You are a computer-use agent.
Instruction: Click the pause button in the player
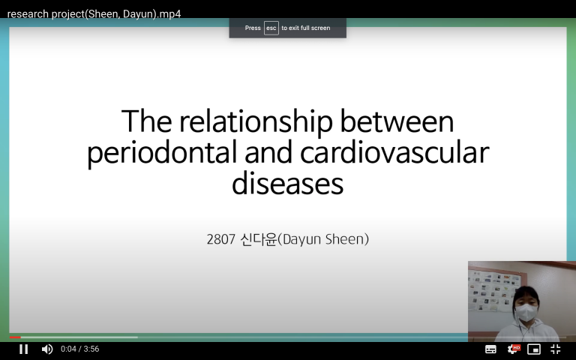click(x=23, y=349)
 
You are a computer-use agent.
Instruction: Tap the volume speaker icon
click(x=47, y=349)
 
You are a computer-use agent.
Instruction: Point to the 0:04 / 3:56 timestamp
click(x=80, y=349)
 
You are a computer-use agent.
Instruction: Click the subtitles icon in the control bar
click(x=490, y=349)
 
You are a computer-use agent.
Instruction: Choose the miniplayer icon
click(x=534, y=349)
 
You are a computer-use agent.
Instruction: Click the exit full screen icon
click(x=556, y=349)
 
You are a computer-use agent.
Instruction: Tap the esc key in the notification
click(x=271, y=28)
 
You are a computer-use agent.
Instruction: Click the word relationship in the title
click(x=256, y=121)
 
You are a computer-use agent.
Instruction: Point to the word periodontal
click(x=162, y=153)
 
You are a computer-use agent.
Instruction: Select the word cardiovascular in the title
click(x=395, y=153)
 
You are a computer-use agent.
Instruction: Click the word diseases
click(x=288, y=184)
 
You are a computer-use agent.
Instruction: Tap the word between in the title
click(x=397, y=121)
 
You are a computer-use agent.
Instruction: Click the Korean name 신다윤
click(x=258, y=239)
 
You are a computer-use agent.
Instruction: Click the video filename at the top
click(x=94, y=14)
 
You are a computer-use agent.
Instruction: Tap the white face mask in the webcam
click(x=526, y=313)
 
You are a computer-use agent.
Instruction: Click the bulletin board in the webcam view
click(x=495, y=290)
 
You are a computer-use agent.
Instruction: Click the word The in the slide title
click(x=146, y=121)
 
